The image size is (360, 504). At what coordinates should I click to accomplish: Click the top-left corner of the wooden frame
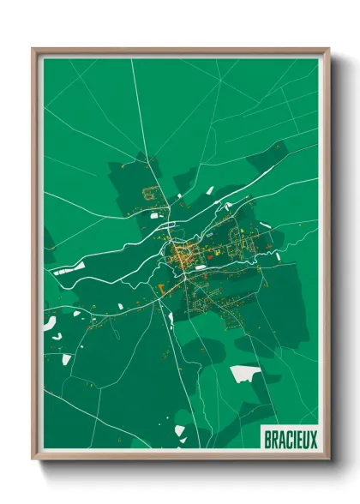pos(33,49)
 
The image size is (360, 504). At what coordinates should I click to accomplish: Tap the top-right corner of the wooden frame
pos(328,49)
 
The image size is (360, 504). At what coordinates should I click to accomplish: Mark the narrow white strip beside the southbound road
pos(170,319)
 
